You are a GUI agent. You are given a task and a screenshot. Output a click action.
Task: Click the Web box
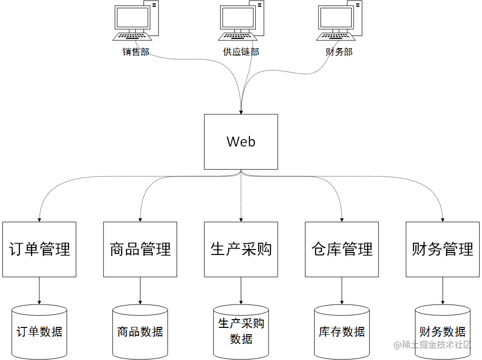click(x=241, y=142)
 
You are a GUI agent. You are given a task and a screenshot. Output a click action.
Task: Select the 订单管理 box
click(x=39, y=249)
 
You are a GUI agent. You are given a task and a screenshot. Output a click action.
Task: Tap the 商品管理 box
click(x=140, y=249)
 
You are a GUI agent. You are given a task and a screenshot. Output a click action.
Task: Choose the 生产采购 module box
click(x=241, y=249)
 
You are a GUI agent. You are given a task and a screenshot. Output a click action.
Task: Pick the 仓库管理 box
click(x=342, y=249)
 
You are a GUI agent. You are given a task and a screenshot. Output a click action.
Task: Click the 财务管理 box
click(x=443, y=249)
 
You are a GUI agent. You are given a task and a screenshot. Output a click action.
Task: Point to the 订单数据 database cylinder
click(x=39, y=332)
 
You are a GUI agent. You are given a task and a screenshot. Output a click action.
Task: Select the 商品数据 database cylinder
click(x=140, y=332)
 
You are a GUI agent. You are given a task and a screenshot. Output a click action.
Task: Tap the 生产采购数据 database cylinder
click(x=241, y=331)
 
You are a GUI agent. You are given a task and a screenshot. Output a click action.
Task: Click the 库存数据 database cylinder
click(x=342, y=332)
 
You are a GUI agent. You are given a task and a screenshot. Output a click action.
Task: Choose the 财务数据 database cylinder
click(x=443, y=332)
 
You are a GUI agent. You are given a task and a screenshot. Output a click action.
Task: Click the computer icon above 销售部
click(x=136, y=22)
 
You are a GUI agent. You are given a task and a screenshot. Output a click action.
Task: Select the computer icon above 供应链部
click(x=241, y=22)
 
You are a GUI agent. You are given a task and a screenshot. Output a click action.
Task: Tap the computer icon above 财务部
click(x=339, y=22)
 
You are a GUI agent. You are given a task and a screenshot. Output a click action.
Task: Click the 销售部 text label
click(x=136, y=52)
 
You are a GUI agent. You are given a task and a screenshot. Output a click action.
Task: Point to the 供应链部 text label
click(x=241, y=52)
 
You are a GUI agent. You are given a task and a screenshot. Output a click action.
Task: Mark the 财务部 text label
click(x=339, y=52)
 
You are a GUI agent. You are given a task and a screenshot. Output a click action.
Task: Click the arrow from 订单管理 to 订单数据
click(x=39, y=290)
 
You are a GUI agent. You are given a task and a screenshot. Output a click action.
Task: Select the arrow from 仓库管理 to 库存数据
click(x=342, y=290)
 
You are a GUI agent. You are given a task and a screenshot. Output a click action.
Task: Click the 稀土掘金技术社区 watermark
click(x=433, y=345)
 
